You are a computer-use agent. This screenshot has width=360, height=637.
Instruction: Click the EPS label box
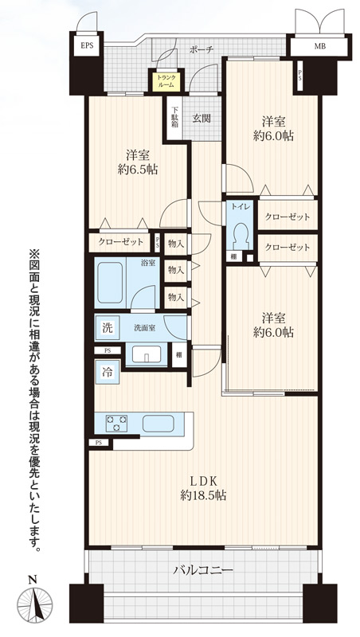[x=87, y=45]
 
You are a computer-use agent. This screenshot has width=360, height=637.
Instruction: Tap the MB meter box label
[x=319, y=46]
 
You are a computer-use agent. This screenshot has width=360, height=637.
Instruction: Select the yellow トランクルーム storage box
[x=166, y=81]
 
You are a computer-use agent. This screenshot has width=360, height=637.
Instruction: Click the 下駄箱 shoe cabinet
[x=174, y=118]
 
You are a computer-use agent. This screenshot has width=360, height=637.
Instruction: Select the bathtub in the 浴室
[x=110, y=283]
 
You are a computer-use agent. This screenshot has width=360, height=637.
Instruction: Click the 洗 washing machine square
[x=107, y=327]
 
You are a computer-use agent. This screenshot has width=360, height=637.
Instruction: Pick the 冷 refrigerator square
[x=108, y=372]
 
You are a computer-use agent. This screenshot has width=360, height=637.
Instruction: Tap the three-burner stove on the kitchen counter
[x=116, y=423]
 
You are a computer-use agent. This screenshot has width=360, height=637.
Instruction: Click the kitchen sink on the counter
[x=158, y=424]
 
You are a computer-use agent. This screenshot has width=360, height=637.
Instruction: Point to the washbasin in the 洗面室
[x=147, y=354]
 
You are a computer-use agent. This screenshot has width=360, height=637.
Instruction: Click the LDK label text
[x=203, y=481]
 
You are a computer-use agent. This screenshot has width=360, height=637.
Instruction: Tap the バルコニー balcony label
[x=204, y=569]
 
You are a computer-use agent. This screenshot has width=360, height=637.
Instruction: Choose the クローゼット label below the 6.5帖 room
[x=121, y=242]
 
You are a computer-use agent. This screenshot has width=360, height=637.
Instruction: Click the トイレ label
[x=238, y=207]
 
